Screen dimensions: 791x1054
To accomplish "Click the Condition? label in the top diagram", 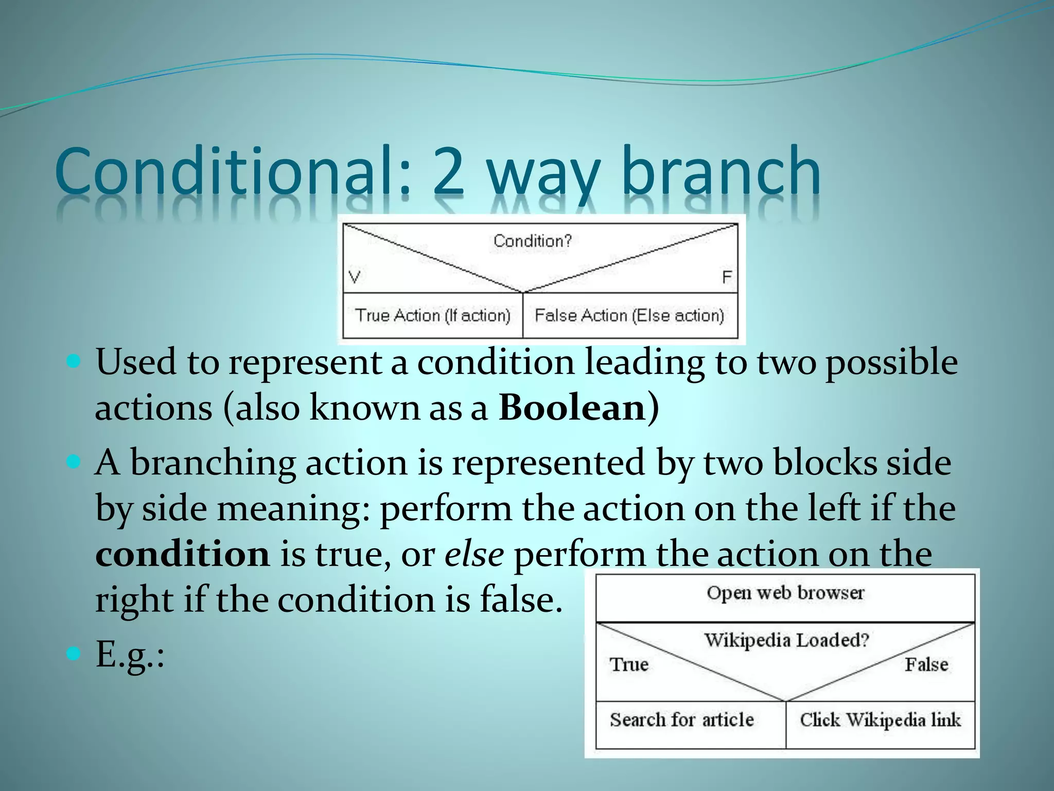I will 533,240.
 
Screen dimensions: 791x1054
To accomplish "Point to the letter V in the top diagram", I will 355,277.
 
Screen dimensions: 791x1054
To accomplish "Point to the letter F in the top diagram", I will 727,278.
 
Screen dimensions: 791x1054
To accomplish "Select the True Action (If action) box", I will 432,315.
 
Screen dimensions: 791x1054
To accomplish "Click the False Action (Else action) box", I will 629,315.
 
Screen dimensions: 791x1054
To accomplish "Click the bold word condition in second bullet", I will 183,555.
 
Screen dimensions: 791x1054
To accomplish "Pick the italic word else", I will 474,555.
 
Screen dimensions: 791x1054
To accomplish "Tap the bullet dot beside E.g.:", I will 74,655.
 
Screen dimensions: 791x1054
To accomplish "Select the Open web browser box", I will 785,593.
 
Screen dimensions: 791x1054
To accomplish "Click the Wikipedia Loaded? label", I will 786,640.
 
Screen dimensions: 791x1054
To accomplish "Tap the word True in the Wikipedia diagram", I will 629,664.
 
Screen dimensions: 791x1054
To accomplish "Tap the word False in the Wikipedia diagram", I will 926,664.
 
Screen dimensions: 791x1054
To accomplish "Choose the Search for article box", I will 682,719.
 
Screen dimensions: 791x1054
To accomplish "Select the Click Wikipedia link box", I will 880,719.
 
